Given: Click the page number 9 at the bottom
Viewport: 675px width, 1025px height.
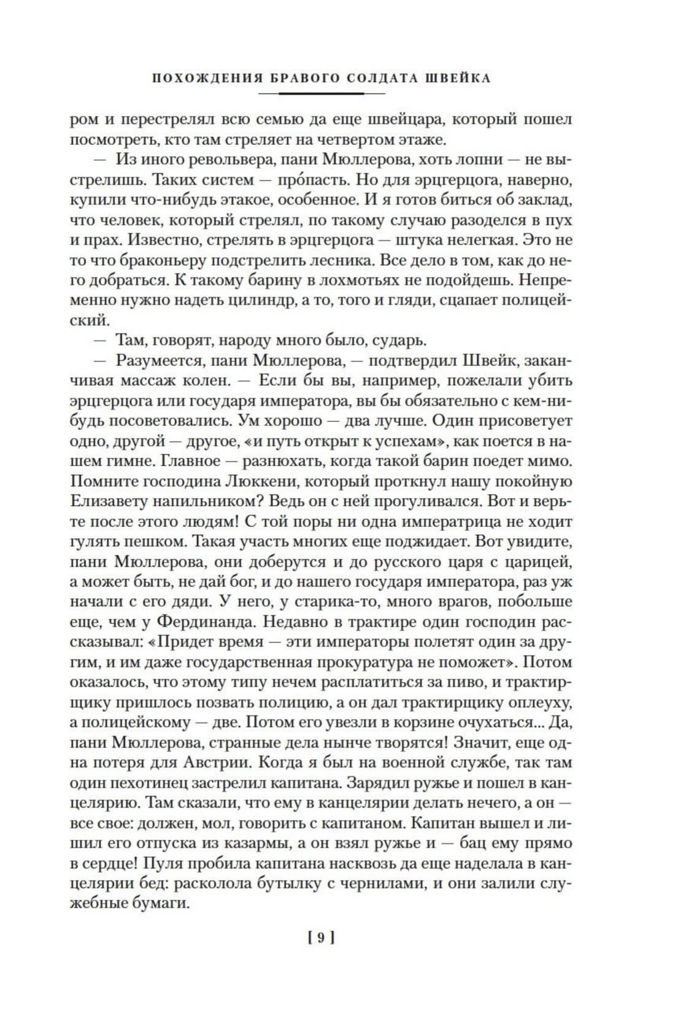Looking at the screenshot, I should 320,938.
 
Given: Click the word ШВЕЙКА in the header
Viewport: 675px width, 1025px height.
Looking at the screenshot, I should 459,79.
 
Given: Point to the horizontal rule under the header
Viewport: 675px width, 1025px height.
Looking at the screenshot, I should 322,93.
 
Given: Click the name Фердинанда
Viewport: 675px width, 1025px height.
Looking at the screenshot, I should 209,622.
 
